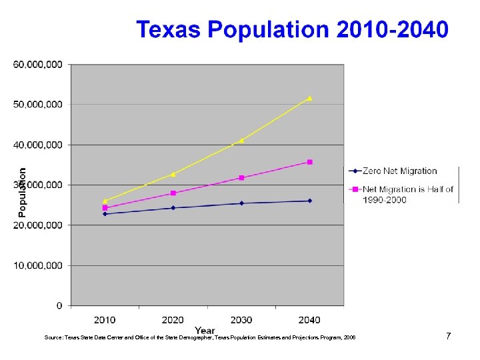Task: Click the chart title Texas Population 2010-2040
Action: (292, 30)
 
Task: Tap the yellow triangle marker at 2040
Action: (309, 98)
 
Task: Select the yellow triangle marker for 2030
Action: (241, 140)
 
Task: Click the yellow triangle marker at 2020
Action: (173, 174)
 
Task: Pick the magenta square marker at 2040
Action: (309, 162)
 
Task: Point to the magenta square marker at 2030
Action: (241, 178)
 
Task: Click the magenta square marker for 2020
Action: (173, 193)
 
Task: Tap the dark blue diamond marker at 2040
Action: (309, 201)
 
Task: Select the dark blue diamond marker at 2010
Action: (105, 214)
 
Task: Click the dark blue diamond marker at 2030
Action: (241, 203)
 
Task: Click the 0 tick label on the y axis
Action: (59, 306)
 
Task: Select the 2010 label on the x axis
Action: (105, 320)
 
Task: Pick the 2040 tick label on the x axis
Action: (309, 320)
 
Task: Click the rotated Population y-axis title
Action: (22, 192)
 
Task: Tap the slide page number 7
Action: (449, 336)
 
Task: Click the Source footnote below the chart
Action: (200, 338)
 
